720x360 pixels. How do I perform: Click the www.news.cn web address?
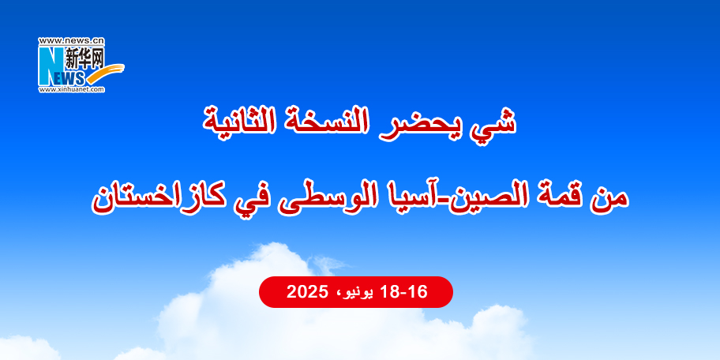coord(71,41)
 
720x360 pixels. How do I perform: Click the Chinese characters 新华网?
coord(84,59)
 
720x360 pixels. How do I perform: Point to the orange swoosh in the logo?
coord(106,74)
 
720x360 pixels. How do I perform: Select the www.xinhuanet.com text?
coord(72,89)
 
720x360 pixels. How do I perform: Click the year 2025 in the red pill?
coord(306,291)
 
